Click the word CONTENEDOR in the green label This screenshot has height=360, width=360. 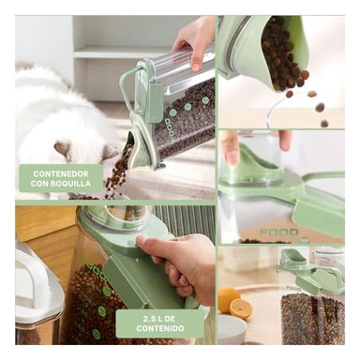pos(61,173)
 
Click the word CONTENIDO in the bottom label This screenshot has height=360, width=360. pos(160,328)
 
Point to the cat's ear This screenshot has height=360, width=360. pos(63,148)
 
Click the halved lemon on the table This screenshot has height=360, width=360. pos(241,308)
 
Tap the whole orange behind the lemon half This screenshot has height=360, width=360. pos(229,299)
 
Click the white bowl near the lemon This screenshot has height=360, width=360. pos(232,329)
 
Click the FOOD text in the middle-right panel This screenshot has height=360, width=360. pos(278,232)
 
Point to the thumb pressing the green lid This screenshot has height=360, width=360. pos(148,241)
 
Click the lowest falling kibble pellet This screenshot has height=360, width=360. pos(324,124)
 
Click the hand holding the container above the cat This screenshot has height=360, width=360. pos(195,39)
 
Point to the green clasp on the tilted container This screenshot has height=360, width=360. pos(154,99)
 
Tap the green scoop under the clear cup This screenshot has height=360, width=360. pos(259,162)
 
